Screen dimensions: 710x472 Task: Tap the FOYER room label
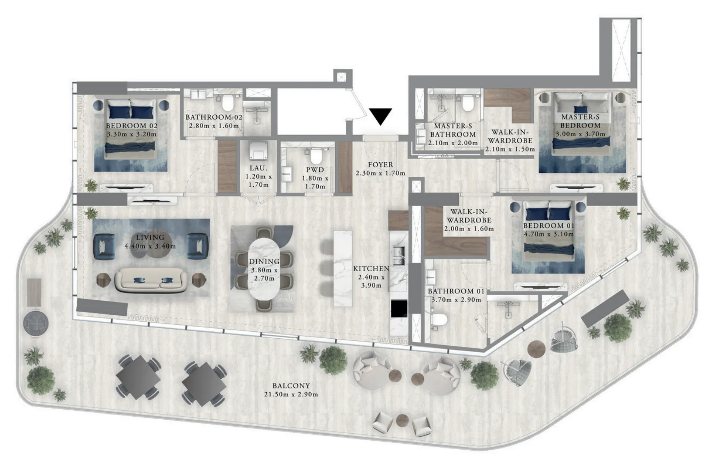pos(381,165)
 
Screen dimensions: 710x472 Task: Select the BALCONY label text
pos(291,386)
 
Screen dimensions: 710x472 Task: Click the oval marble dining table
pos(264,268)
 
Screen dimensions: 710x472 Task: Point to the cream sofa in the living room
pos(151,280)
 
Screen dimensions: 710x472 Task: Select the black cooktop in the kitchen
pos(399,309)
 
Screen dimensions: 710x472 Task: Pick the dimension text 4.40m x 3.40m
pos(150,246)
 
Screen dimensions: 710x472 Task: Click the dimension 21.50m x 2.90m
pos(291,394)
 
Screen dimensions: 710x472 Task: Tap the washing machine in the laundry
pos(258,151)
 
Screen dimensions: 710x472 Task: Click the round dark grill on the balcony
pos(36,323)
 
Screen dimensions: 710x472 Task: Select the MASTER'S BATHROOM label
pos(453,130)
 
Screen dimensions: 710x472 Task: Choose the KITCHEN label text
pos(371,269)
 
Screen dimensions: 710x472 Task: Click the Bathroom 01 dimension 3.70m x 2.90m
pos(456,300)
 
